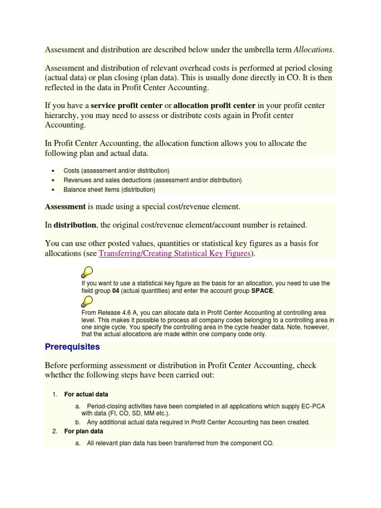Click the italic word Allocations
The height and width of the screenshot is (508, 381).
pos(314,50)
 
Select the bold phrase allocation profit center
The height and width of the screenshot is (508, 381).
pos(214,105)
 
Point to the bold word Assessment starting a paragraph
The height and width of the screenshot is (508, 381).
pos(65,206)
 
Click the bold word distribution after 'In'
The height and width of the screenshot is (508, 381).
pos(75,225)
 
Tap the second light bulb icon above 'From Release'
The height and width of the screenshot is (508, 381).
pos(87,301)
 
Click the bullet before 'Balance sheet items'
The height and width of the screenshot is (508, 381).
pos(53,190)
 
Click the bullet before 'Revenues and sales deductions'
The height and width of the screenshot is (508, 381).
pos(53,180)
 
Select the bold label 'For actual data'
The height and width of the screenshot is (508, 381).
pos(86,394)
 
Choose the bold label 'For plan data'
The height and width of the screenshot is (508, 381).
pos(84,431)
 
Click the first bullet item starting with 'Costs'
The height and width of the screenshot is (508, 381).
pos(117,171)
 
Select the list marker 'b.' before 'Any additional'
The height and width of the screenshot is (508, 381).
pos(78,422)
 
